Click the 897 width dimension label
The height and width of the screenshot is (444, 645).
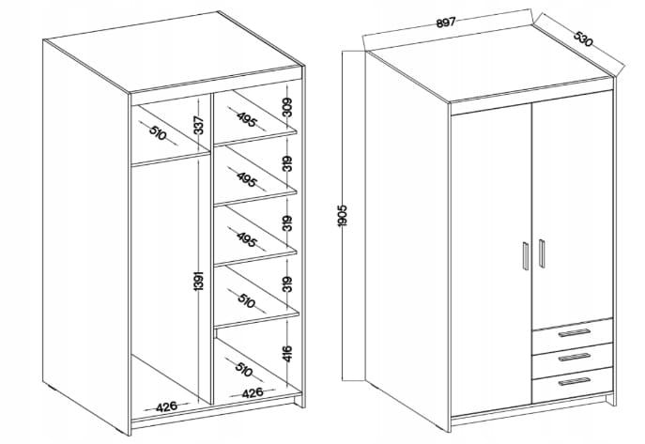[446, 23]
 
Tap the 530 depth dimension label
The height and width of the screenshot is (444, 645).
[583, 38]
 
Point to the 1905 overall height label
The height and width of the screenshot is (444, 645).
[343, 215]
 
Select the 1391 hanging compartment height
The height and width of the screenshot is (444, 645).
[199, 281]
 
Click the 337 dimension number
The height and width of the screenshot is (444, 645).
[199, 125]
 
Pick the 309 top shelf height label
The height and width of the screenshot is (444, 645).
[288, 107]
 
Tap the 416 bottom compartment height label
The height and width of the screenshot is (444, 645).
[288, 354]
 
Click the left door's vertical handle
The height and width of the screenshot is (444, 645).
[526, 255]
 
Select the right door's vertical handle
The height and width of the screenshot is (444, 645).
[542, 253]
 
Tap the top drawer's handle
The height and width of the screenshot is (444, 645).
[575, 333]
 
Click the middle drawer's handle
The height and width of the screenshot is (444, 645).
[575, 358]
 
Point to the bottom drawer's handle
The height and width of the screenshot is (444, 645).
[575, 382]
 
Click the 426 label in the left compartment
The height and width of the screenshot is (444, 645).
[166, 406]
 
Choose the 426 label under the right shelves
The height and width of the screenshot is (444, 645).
[253, 393]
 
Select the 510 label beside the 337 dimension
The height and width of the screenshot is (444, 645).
[158, 132]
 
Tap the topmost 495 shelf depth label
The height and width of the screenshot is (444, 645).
[247, 119]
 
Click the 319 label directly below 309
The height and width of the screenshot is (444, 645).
[288, 163]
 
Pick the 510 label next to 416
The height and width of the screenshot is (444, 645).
[243, 369]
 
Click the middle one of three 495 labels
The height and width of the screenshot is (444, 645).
[247, 179]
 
